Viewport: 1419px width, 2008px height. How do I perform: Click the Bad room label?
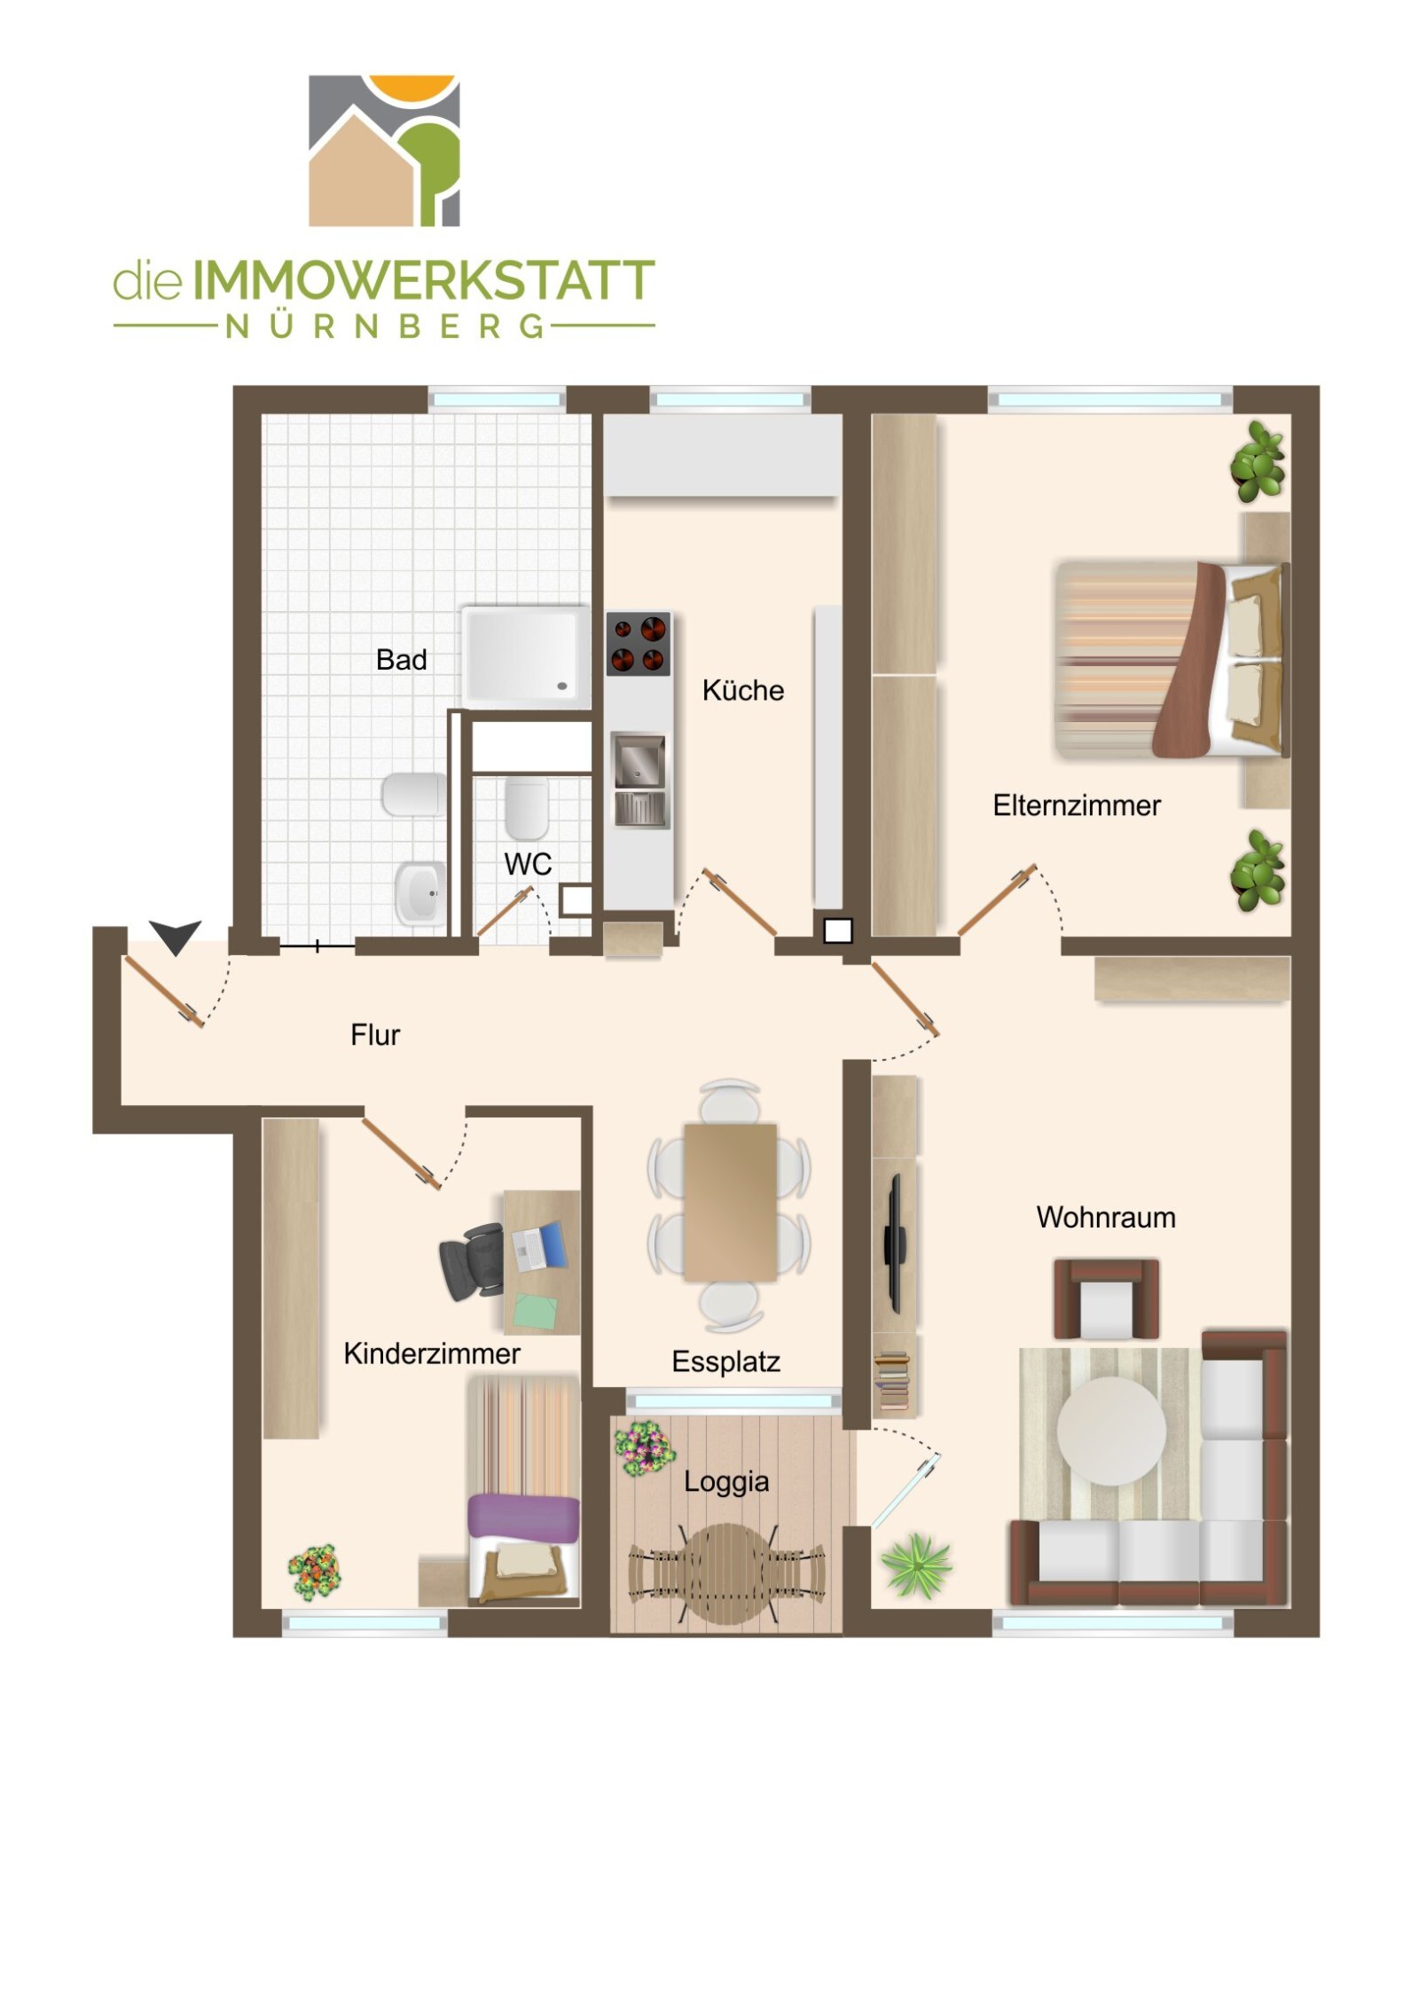coord(401,660)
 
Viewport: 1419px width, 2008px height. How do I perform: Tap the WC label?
coord(528,864)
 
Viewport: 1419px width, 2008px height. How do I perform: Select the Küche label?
coord(742,690)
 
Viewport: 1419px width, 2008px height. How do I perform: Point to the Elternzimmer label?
coord(1076,805)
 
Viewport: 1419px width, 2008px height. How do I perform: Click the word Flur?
coord(375,1035)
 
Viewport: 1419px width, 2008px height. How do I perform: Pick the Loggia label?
coord(725,1482)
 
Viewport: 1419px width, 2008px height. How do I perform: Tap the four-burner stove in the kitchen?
coord(638,644)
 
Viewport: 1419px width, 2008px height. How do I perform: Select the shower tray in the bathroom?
coord(525,657)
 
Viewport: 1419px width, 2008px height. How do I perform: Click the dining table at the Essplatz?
coord(730,1203)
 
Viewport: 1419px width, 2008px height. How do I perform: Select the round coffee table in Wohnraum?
coord(1110,1430)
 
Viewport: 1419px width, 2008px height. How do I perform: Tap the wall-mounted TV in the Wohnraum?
coord(894,1244)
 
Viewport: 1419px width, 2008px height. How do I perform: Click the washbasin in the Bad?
coord(419,892)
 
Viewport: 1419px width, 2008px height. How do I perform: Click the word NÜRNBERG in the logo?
coord(384,326)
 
